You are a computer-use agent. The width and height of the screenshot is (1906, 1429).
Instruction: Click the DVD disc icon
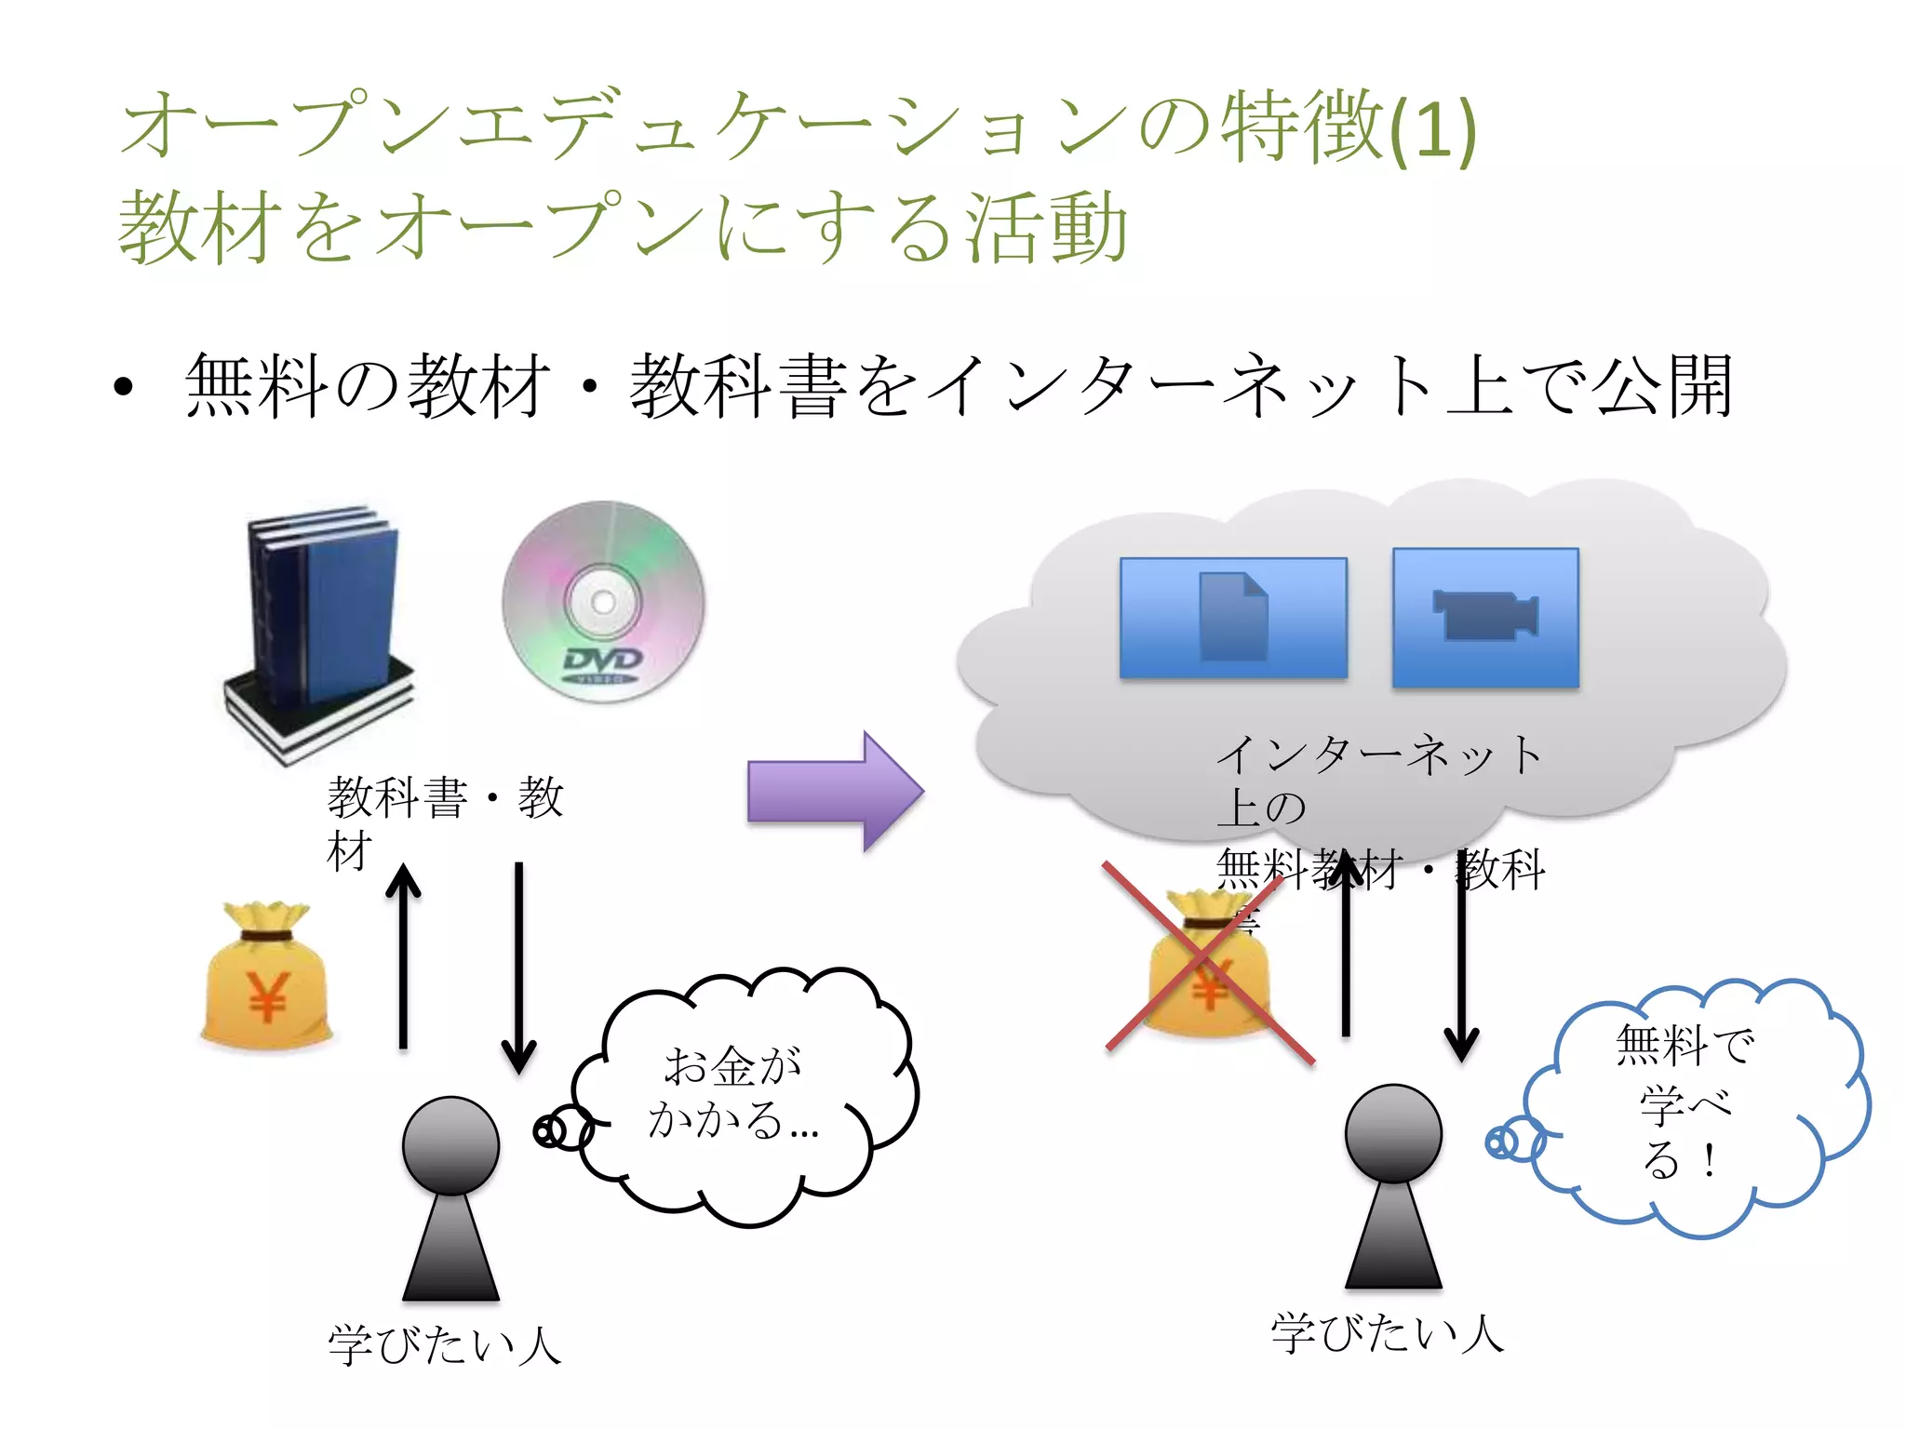coord(603,602)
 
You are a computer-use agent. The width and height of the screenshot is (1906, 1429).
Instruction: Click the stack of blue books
coord(321,633)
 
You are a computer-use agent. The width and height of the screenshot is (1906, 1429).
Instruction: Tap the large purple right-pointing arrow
coord(833,792)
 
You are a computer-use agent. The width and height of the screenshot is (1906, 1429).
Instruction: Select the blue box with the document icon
coord(1233,618)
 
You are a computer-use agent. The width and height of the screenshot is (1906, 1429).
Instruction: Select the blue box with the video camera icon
coord(1485,618)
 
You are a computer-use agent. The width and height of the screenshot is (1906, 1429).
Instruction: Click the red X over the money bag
coord(1208,962)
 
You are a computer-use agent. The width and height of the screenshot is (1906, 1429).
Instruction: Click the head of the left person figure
coord(450,1145)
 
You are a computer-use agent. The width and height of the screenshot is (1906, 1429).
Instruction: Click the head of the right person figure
coord(1393,1133)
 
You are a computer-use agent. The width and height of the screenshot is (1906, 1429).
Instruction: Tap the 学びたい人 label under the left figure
coord(444,1345)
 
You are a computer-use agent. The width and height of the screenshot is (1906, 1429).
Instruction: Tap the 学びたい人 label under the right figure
coord(1387,1333)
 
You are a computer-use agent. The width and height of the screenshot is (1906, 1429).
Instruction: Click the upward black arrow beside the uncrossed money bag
coord(403,958)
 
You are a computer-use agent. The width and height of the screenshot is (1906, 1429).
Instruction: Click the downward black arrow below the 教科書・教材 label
coord(518,968)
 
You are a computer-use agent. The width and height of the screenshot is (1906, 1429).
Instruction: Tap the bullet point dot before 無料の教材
coord(124,387)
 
